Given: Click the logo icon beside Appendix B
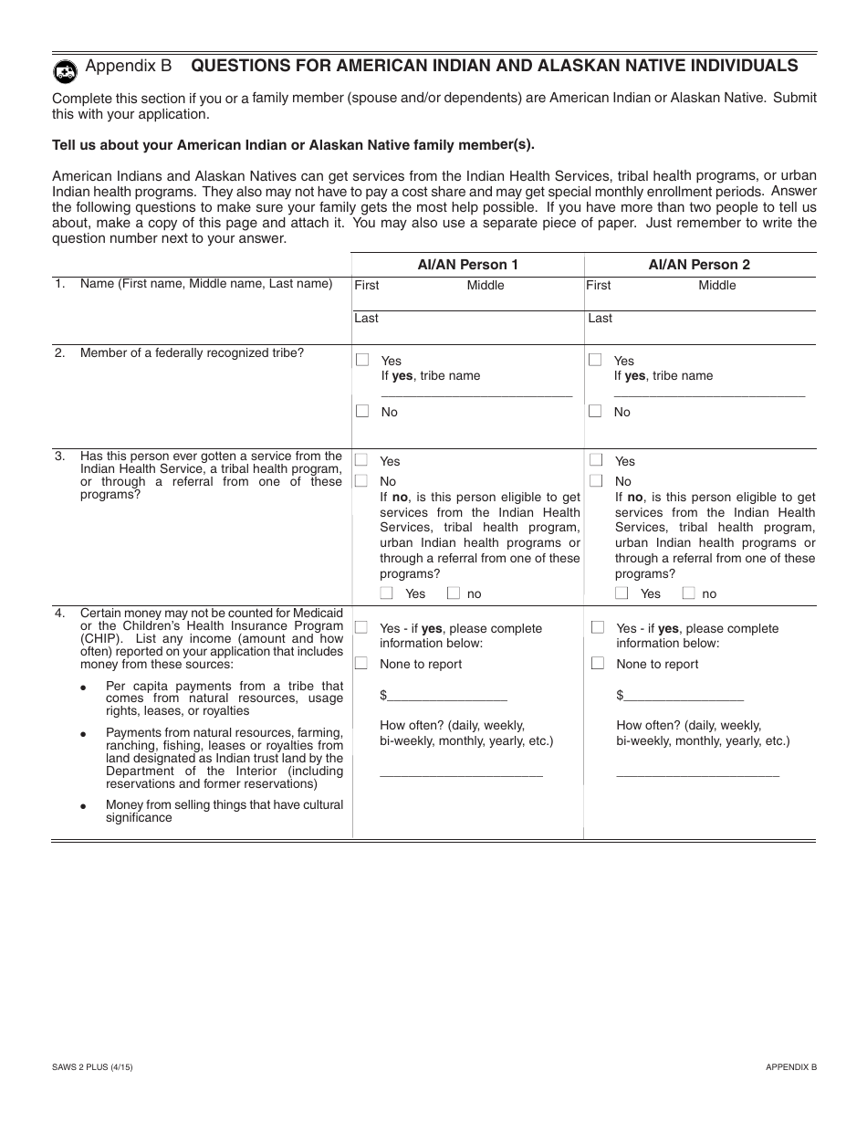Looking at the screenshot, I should (x=65, y=69).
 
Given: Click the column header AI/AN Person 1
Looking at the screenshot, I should (x=467, y=265).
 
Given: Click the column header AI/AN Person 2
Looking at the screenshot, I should (x=699, y=265).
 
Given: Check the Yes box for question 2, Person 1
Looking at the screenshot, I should (x=362, y=360).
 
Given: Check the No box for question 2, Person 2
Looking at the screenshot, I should (x=595, y=412).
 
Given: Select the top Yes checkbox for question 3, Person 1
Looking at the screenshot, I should (x=362, y=461).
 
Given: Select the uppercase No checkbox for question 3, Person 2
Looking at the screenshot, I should (x=596, y=481).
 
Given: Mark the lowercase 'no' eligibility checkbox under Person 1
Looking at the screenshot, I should (x=454, y=593).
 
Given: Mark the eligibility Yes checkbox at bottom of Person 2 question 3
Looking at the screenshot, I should (x=622, y=593).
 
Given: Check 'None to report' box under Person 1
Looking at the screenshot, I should (x=362, y=664).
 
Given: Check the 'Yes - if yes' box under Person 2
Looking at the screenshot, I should (x=598, y=628).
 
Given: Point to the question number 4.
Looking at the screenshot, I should (x=59, y=614).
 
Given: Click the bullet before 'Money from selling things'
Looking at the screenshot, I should (x=84, y=807).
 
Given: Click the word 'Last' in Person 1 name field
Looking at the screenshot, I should (x=366, y=319).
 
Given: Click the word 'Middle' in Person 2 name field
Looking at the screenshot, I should (x=716, y=286).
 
